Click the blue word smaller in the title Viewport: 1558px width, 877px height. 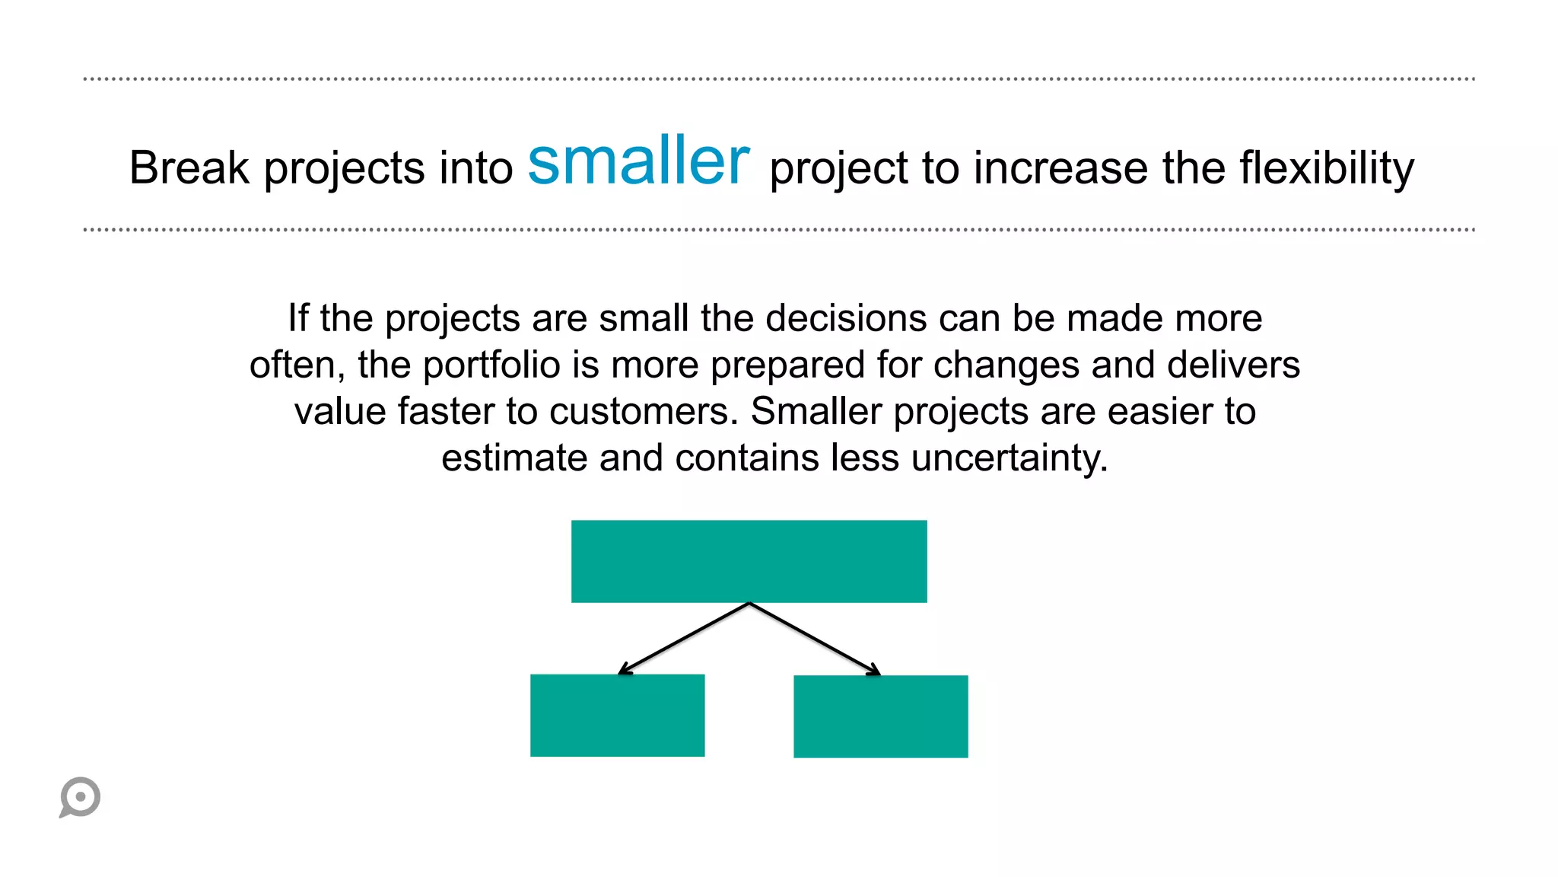pos(638,161)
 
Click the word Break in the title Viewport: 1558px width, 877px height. pos(189,167)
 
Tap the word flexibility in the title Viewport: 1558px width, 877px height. pos(1327,167)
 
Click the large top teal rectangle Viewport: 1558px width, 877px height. pos(749,561)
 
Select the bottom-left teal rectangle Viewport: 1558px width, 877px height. pos(617,715)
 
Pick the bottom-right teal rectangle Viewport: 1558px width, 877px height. pos(880,716)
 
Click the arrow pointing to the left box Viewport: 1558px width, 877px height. pos(684,638)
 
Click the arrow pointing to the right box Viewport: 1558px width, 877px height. pos(815,638)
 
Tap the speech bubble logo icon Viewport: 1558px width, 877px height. pos(80,797)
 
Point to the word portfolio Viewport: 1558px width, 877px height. pos(491,365)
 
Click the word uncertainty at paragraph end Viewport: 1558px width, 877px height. pos(1009,458)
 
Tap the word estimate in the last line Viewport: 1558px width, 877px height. pos(514,458)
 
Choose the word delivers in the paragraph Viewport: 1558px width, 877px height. pos(1233,365)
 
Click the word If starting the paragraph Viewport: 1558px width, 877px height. pos(297,318)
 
